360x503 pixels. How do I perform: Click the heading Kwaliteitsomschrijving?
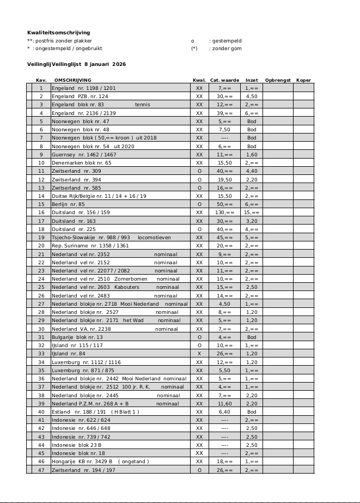[58, 33]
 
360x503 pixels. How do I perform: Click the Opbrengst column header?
[278, 80]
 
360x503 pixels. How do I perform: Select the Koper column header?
[303, 80]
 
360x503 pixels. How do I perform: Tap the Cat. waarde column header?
[224, 80]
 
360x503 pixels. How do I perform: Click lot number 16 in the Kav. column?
[41, 212]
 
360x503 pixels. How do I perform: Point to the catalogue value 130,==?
[224, 212]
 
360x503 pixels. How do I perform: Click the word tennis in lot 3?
[142, 104]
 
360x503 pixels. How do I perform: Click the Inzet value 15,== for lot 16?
[252, 212]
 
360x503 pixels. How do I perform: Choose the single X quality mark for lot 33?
[199, 354]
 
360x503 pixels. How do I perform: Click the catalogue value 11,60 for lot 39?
[224, 403]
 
